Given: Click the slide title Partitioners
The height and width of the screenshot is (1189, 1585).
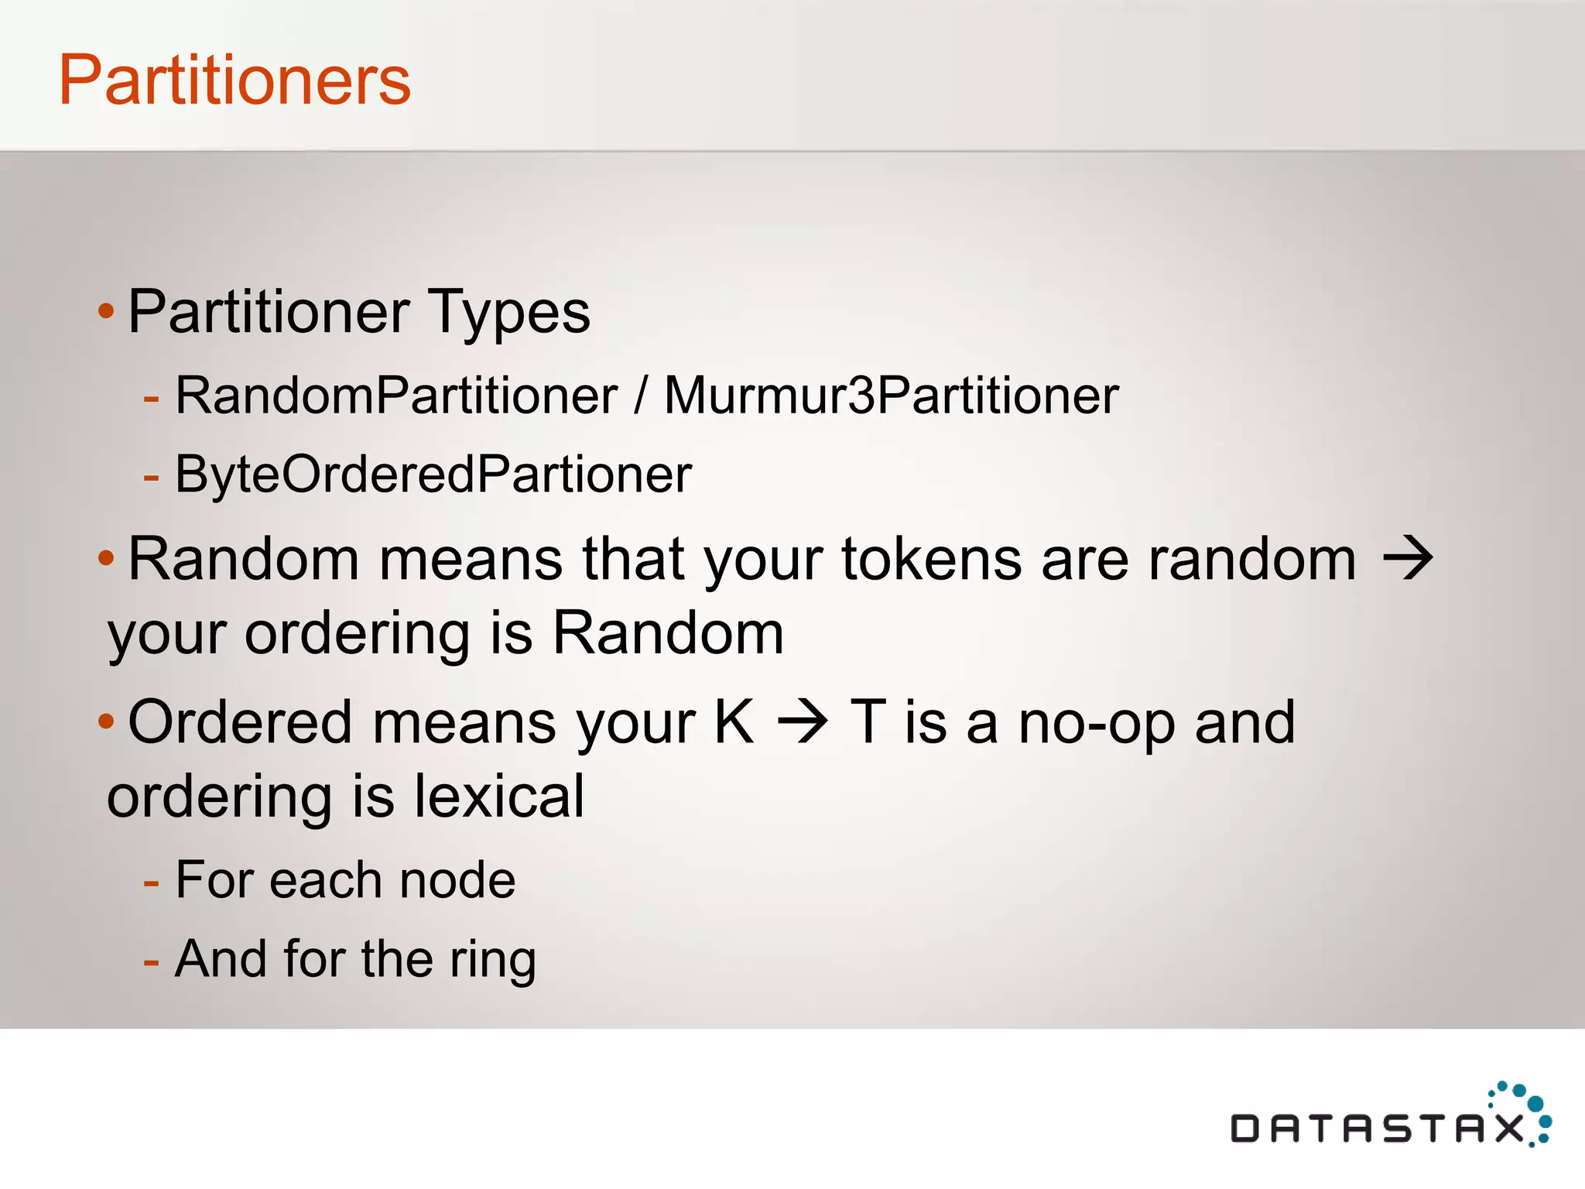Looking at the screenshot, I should tap(234, 80).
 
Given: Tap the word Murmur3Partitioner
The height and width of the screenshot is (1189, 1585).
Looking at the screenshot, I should tap(891, 396).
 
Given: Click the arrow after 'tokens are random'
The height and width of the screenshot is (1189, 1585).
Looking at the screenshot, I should tap(1408, 559).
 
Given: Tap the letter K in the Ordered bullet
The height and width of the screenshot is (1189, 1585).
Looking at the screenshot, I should tap(733, 721).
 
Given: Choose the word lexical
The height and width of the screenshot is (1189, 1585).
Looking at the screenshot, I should tap(499, 797).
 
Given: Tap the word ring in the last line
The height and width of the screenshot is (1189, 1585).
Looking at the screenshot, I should tap(492, 960).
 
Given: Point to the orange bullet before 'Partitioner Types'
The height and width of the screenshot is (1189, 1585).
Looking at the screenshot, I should tap(106, 312).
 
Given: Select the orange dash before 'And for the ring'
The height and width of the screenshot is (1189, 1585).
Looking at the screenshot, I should tap(151, 961).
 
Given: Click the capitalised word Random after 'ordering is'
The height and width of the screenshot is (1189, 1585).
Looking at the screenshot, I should tap(668, 633).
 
